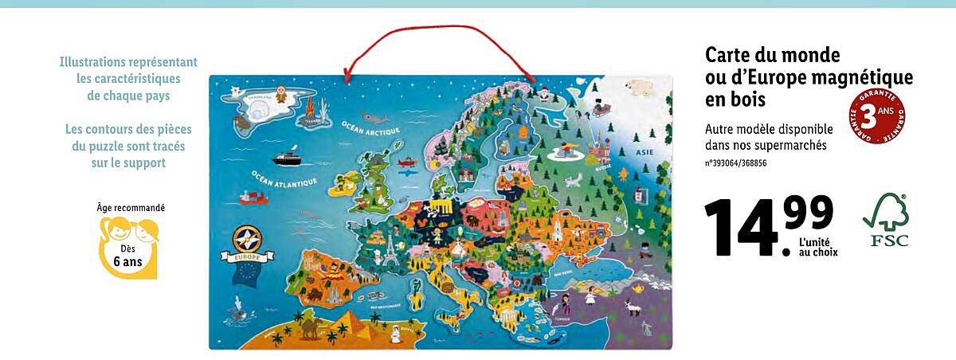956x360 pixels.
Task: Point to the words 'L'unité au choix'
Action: (817, 247)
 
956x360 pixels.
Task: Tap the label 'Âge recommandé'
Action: (131, 208)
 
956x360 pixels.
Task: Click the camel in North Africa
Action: (308, 323)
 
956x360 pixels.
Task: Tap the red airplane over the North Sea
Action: (404, 166)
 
